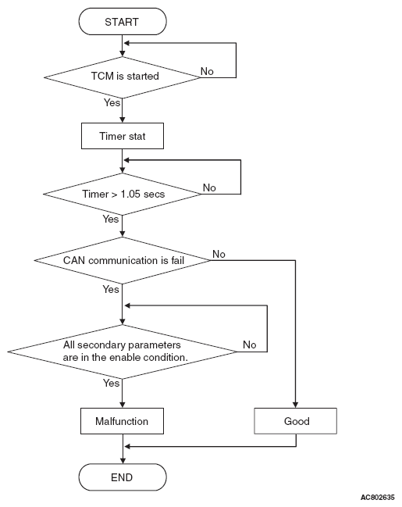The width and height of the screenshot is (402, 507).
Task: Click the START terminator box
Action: coord(123,22)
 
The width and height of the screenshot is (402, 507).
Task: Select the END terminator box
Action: coord(123,477)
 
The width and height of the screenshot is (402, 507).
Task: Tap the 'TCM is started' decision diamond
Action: coord(122,77)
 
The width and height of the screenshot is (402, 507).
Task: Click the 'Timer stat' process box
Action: coord(123,136)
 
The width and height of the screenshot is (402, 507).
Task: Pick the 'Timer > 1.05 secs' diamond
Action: coord(122,194)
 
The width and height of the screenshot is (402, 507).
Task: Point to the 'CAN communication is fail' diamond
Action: coord(123,260)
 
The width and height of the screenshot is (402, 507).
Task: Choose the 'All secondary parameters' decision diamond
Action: coord(123,352)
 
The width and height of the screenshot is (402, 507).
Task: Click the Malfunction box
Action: coord(122,421)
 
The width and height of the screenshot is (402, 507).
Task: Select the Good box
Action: coord(295,421)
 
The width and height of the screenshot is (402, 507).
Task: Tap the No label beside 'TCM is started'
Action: coord(207,71)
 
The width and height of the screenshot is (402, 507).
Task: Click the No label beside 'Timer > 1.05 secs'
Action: coord(209,187)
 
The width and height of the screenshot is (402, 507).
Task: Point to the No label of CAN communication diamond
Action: coord(219,254)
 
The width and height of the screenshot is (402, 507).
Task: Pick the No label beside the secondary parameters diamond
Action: coord(250,345)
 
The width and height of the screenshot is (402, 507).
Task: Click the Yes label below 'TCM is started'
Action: coord(112,102)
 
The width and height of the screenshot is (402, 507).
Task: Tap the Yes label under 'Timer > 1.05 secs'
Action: coord(111,219)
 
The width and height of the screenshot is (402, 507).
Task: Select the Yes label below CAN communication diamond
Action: coord(111,289)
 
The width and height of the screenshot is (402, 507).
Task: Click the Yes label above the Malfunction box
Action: coord(112,383)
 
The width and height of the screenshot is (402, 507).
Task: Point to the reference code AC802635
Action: coord(378,497)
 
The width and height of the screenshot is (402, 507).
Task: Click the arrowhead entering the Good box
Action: coord(295,405)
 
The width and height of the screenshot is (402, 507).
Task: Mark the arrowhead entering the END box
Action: coord(123,460)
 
